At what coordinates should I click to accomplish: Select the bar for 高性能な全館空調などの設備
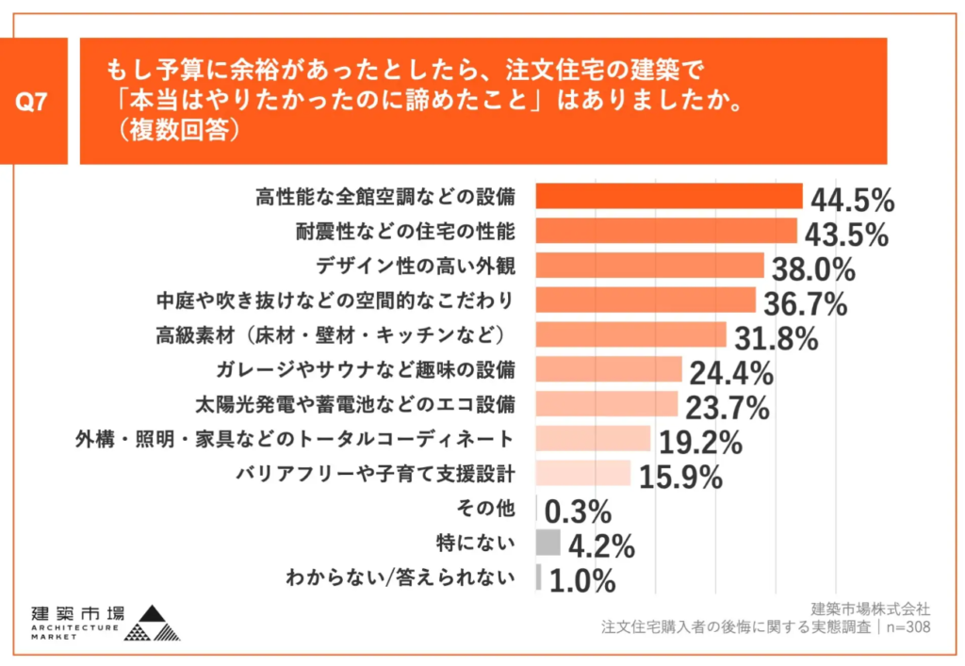[668, 196]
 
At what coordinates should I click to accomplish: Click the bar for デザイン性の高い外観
[649, 266]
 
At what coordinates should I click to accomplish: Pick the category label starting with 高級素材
[334, 334]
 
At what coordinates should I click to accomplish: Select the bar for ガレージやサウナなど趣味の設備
[609, 369]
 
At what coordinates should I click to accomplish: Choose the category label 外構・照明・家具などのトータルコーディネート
[295, 439]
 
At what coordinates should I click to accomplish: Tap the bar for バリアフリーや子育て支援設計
[583, 473]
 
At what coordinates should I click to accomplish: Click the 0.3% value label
[579, 512]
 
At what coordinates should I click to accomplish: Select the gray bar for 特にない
[548, 543]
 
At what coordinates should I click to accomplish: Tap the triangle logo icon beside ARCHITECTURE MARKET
[153, 623]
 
